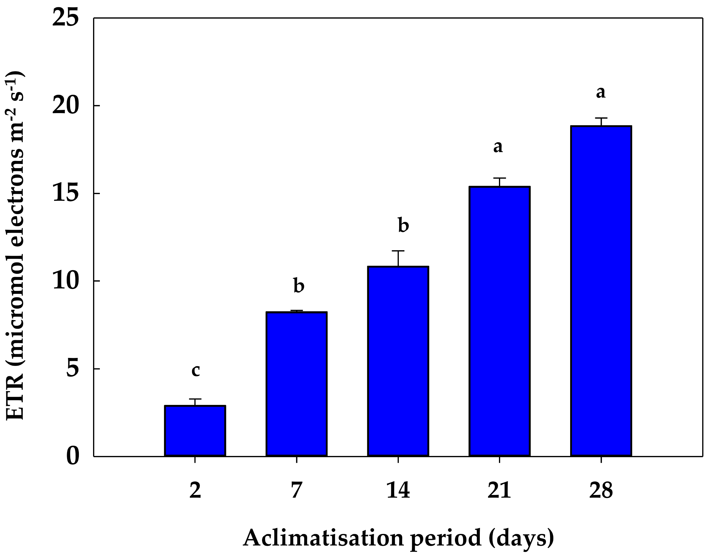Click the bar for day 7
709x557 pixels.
pos(296,384)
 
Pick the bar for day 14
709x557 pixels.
pos(398,361)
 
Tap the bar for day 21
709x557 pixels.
pos(499,321)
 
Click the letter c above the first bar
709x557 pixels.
pos(195,370)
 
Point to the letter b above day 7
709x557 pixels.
pos(299,285)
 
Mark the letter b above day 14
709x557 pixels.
pos(404,225)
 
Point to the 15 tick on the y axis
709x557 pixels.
pos(66,193)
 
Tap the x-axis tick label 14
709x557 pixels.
pos(398,490)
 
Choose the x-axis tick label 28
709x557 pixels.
pos(601,490)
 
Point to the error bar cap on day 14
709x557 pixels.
pos(398,251)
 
